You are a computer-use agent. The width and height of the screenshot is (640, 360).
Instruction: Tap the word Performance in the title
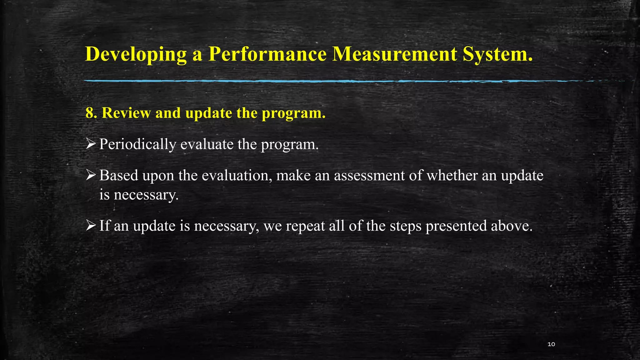coord(267,54)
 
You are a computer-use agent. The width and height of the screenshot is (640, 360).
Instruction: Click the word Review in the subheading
coord(126,113)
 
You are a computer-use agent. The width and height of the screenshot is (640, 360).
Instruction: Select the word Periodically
coord(137,144)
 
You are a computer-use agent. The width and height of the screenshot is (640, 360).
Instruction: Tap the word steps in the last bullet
coord(406,226)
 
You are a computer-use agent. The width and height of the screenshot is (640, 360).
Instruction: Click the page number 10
coord(551,344)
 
